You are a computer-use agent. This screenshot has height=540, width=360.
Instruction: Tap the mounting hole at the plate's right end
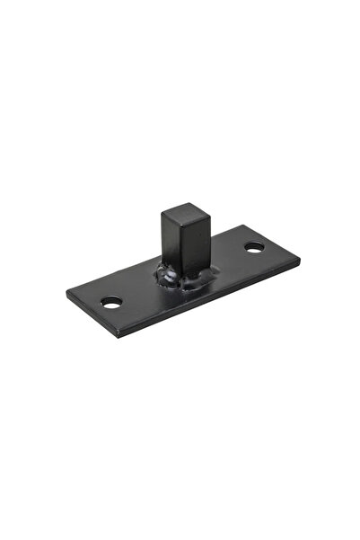(x=254, y=246)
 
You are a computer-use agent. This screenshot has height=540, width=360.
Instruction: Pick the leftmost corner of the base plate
(x=67, y=296)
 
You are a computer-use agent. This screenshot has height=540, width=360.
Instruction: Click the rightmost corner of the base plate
(x=299, y=261)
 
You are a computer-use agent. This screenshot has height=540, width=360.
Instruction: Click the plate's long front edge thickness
(x=215, y=302)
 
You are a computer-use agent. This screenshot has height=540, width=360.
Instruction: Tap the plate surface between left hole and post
(x=139, y=292)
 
